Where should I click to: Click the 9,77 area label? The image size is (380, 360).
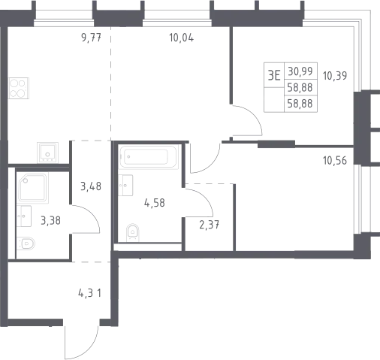tap(92, 38)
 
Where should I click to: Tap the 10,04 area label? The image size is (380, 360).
tap(182, 38)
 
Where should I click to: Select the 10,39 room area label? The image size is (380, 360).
tap(335, 76)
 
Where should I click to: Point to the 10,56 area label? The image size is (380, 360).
tap(335, 161)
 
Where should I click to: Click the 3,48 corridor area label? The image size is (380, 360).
tap(91, 186)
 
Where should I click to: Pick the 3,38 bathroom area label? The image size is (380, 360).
tap(50, 221)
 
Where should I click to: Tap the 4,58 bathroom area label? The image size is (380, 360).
tap(155, 203)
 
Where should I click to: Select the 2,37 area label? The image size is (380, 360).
tap(210, 225)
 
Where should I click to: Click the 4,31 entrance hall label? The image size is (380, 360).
tap(90, 293)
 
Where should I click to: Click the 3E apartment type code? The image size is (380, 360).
tap(274, 75)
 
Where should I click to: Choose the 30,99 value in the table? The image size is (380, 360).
tap(300, 71)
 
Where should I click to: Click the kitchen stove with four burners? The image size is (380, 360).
tap(19, 88)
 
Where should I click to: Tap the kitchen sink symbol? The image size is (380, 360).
tap(47, 153)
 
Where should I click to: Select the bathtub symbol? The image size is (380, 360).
tap(149, 157)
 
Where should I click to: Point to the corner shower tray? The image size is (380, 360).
tap(32, 188)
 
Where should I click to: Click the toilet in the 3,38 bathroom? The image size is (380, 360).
tap(26, 244)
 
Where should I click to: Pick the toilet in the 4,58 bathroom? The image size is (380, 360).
tap(132, 233)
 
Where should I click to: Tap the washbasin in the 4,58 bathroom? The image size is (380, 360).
tap(125, 185)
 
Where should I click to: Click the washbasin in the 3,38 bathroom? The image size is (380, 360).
tap(24, 216)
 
